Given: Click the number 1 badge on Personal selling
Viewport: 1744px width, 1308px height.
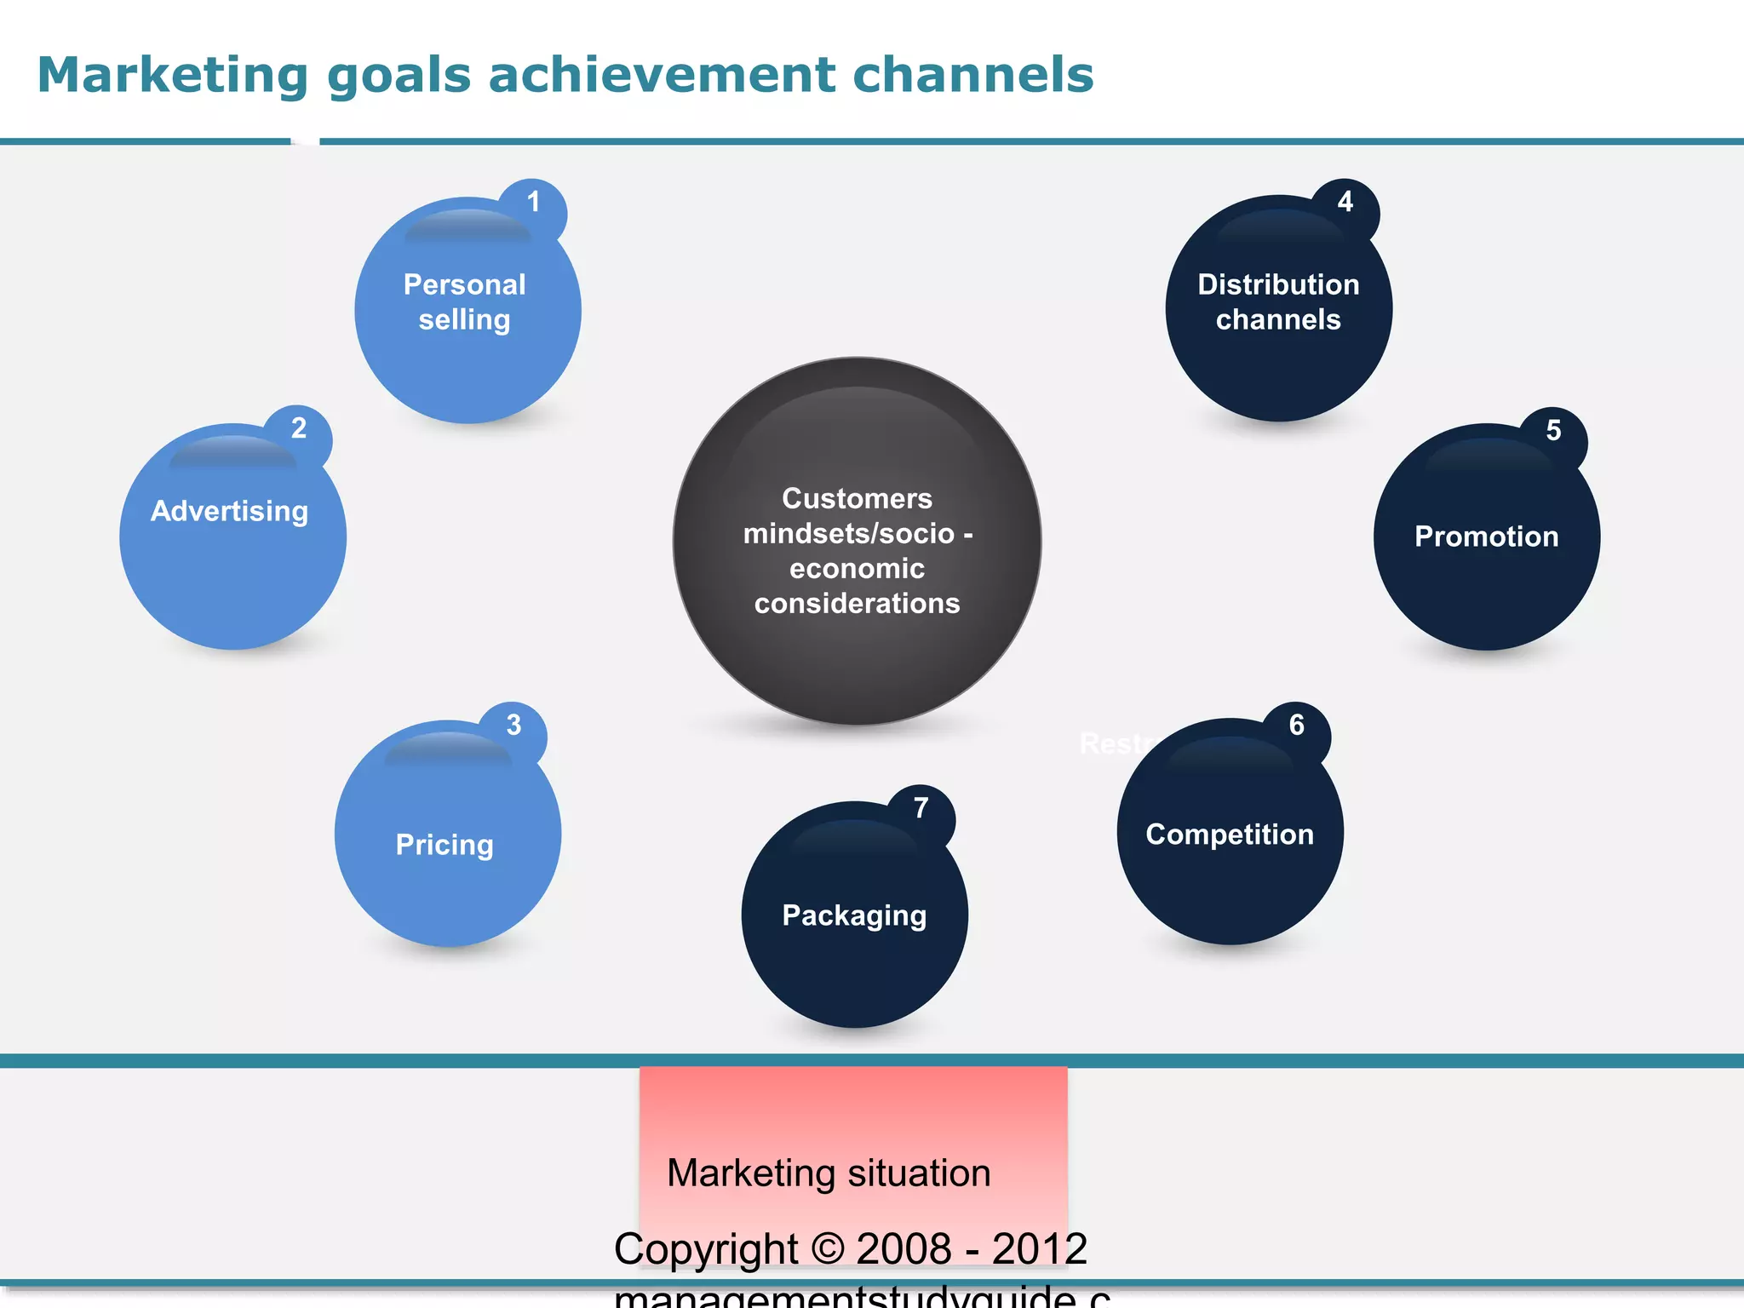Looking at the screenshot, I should pos(533,204).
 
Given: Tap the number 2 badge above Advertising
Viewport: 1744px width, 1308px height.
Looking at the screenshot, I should pos(298,429).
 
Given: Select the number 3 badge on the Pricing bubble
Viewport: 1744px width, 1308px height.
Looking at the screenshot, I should pos(513,726).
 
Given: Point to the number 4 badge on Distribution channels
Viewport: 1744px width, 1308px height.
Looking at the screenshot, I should pos(1345,203).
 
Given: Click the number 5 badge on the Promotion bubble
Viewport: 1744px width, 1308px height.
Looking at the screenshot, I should pos(1553,431).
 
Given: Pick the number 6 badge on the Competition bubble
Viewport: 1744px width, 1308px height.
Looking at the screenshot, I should pos(1296,726).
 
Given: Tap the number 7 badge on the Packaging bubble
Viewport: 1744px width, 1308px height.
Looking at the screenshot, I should pos(921,808).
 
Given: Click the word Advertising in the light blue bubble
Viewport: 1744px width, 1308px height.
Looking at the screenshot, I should pos(229,511).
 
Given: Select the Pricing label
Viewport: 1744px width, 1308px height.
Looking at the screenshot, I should pos(445,845).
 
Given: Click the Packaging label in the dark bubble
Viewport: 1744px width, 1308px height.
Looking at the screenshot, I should pos(854,915).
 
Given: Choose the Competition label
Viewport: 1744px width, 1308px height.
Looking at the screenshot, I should pos(1230,835).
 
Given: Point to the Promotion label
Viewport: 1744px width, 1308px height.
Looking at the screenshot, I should pos(1486,536).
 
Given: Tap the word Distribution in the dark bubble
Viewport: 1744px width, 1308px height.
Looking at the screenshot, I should pos(1278,284).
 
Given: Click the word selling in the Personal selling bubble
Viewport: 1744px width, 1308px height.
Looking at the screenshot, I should pos(464,320).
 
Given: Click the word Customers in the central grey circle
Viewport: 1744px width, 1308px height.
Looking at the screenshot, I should pos(857,498).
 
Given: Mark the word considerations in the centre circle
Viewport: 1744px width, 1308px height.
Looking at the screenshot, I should pos(857,604).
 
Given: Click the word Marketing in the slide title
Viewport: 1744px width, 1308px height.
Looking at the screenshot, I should pos(172,75).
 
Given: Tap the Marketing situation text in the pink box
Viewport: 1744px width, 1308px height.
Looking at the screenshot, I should pos(829,1173).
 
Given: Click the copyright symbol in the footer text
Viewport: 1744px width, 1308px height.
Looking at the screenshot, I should pos(827,1249).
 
